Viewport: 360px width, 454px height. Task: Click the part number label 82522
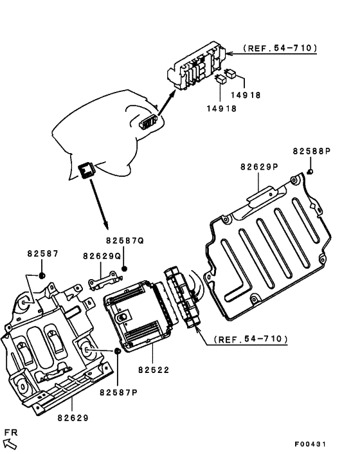tap(154, 370)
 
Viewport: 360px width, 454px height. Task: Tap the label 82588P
tap(312, 151)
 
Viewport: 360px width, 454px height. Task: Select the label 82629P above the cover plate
tap(259, 167)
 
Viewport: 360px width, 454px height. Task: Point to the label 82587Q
tap(125, 241)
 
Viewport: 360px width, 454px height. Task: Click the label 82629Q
tap(102, 256)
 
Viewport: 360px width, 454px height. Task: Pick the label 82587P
tap(119, 392)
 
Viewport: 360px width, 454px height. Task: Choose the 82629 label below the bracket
tap(73, 418)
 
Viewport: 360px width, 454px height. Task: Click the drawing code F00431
tap(310, 444)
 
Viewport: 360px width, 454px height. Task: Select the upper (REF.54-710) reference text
tap(280, 48)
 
